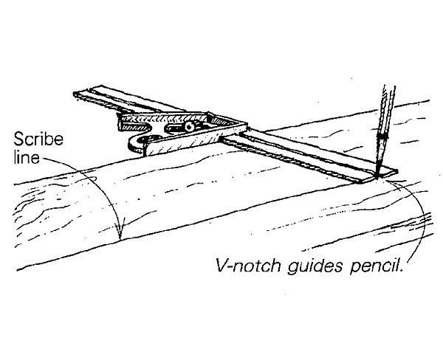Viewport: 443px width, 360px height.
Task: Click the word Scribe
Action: pyautogui.click(x=38, y=139)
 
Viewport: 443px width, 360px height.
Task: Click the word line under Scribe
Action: pyautogui.click(x=27, y=157)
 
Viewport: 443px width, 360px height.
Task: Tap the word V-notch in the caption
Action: pyautogui.click(x=248, y=266)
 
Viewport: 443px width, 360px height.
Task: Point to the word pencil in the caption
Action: pyautogui.click(x=375, y=266)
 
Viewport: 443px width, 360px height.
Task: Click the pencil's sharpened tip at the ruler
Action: pyautogui.click(x=377, y=176)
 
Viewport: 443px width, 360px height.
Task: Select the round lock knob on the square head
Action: pyautogui.click(x=189, y=126)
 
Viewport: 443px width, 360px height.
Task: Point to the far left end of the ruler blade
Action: pyautogui.click(x=74, y=94)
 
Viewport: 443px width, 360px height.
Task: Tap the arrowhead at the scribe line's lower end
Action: pyautogui.click(x=120, y=231)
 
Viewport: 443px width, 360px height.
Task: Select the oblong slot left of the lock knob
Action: pyautogui.click(x=174, y=128)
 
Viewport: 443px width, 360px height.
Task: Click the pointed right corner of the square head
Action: pyautogui.click(x=247, y=124)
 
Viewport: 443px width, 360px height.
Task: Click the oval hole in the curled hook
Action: pyautogui.click(x=153, y=138)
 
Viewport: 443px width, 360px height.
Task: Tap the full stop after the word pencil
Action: pyautogui.click(x=401, y=271)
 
